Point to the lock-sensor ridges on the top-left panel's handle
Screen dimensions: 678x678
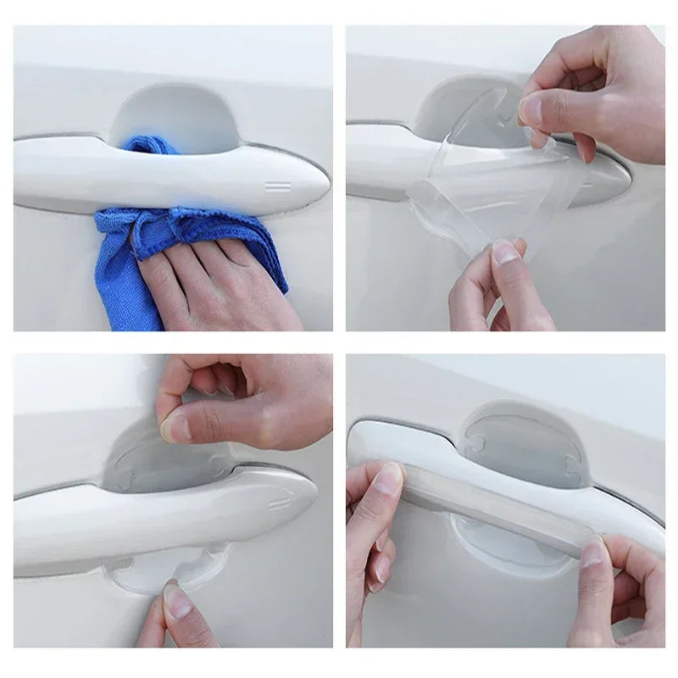point(277,185)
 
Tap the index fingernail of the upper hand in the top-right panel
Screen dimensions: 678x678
point(531,110)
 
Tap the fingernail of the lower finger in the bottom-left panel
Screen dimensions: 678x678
point(177,601)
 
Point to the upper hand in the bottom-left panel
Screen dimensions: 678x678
point(246,398)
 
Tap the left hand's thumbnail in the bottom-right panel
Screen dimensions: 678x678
point(388,479)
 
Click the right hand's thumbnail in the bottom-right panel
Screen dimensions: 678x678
point(593,553)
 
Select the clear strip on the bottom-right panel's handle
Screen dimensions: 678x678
point(492,517)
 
